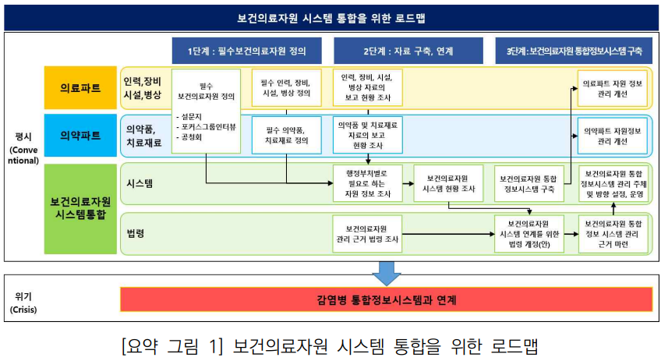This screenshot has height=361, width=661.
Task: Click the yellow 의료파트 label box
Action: (x=80, y=87)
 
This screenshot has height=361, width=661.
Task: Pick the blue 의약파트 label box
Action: (x=80, y=135)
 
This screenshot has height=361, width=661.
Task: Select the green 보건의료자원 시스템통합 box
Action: (x=80, y=208)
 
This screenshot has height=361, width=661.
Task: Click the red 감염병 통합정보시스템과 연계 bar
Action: (x=386, y=299)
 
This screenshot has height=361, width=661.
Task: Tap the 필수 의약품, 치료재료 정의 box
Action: (x=287, y=135)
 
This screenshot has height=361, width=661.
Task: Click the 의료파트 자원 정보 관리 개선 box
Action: (x=613, y=87)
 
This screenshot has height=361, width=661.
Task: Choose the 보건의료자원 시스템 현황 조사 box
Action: (x=448, y=183)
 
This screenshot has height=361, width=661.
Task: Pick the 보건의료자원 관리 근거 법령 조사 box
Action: (x=367, y=233)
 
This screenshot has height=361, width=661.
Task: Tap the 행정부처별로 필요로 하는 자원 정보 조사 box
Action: (x=367, y=183)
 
